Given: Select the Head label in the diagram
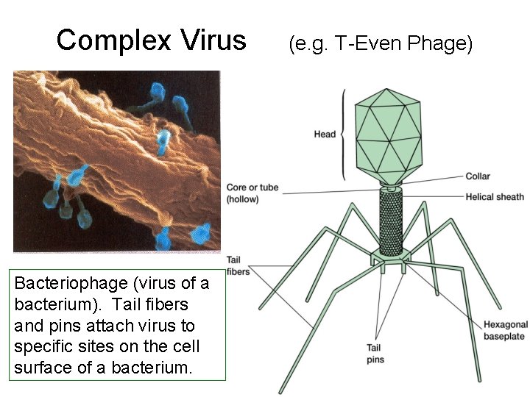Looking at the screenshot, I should pos(325,135).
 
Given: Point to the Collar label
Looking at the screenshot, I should pos(478,176).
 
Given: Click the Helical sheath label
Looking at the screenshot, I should pos(495,197).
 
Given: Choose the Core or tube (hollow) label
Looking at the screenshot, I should pos(252,193).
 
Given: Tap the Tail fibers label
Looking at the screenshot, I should pos(238,266).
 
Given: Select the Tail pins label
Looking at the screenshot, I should pos(375,354).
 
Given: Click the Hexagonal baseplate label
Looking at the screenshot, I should pos(506,330).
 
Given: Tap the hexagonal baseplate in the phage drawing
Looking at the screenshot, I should pos(391,255).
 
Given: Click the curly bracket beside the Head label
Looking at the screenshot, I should pos(342,135).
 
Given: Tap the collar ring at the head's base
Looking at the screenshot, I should pos(391,187).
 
